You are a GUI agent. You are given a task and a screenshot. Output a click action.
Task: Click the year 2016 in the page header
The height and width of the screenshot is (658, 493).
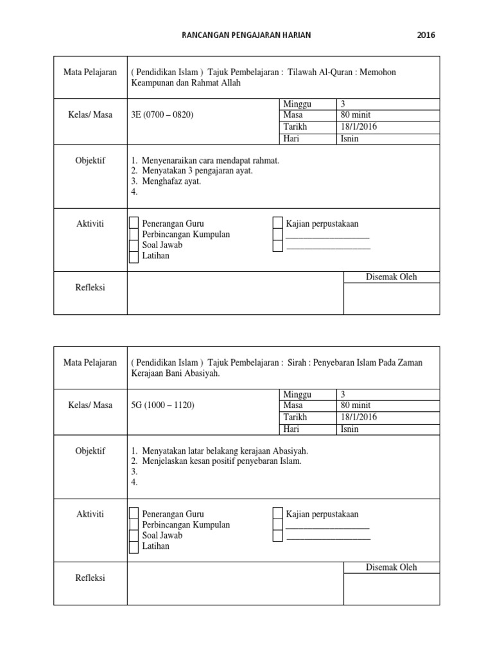426,35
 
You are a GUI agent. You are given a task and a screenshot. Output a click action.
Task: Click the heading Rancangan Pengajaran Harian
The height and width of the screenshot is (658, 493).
246,35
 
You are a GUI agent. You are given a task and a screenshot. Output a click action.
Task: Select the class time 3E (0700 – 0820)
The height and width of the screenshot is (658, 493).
162,115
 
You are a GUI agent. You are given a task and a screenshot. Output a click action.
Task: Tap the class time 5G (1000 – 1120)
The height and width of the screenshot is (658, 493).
162,405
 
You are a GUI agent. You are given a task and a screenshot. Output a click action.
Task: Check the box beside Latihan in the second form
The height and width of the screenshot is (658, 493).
134,547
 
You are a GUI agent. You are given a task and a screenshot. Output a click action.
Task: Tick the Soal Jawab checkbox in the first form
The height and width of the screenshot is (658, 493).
134,245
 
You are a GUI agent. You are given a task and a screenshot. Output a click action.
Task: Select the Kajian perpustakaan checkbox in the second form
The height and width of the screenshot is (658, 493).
277,513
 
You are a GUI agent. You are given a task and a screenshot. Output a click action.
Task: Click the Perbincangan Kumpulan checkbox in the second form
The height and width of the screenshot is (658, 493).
134,525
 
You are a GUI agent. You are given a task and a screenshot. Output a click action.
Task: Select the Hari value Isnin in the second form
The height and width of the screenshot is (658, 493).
350,429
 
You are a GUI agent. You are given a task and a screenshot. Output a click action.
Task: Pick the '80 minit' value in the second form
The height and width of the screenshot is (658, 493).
356,405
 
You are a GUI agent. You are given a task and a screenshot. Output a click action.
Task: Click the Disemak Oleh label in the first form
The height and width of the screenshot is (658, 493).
391,277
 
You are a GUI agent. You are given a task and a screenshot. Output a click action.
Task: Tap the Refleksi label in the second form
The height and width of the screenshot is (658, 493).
91,578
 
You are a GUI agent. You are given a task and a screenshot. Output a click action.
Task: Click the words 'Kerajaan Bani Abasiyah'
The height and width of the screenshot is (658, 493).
175,373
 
